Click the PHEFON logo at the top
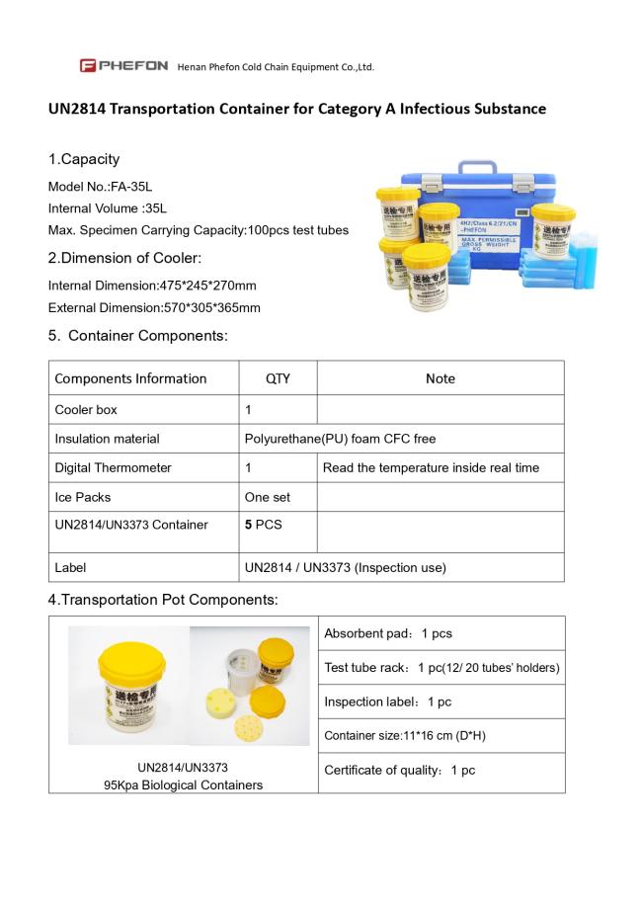coord(124,66)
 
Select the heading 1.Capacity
coord(84,159)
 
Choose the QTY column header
coord(278,378)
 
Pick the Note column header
coord(440,378)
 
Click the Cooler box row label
coord(86,409)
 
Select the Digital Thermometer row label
coord(113,467)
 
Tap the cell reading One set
coord(267,497)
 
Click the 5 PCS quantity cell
coord(264,525)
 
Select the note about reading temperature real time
coord(431,467)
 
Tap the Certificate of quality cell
coord(399,770)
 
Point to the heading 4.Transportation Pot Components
coord(163,599)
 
